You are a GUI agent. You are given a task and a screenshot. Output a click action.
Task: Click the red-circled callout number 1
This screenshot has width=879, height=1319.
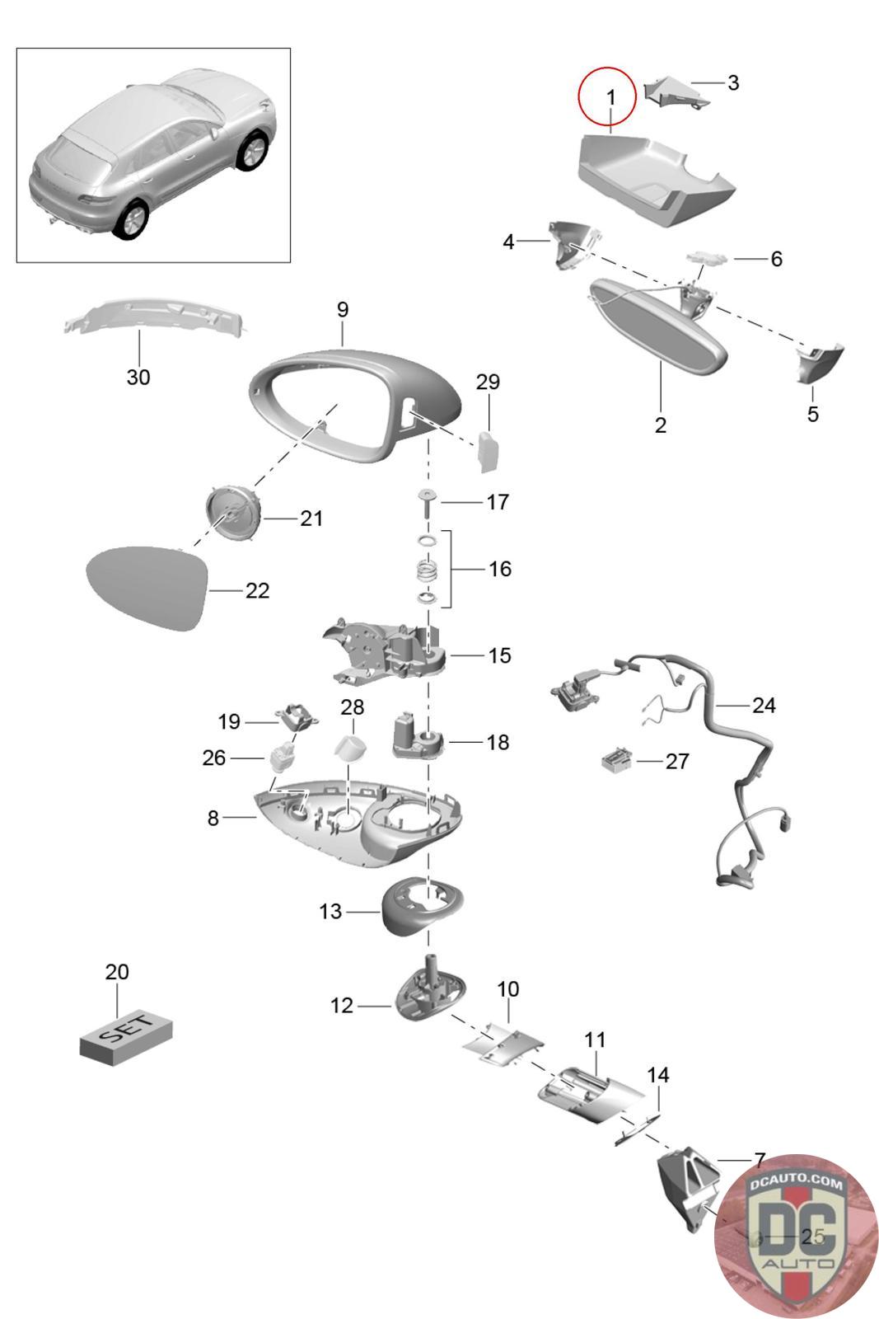(610, 97)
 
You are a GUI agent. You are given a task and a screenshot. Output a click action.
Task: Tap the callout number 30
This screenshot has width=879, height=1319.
(138, 377)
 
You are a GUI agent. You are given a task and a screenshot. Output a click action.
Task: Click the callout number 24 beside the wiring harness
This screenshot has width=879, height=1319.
(764, 705)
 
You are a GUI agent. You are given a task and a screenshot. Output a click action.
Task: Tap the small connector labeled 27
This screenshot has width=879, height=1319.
(617, 760)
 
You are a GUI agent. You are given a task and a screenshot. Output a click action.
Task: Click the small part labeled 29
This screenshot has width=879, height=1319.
(489, 450)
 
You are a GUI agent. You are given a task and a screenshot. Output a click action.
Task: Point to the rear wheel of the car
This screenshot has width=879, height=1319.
(129, 220)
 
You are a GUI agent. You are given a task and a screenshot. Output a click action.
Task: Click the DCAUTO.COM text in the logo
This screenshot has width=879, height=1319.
(796, 1184)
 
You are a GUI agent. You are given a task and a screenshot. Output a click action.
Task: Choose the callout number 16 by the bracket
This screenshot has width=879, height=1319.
(499, 569)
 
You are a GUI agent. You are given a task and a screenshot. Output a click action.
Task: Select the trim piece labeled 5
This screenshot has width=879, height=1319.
(820, 363)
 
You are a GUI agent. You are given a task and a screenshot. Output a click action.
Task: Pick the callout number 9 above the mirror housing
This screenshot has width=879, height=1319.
(343, 309)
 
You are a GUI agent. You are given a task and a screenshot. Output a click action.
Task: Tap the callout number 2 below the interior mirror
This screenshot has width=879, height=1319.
(660, 425)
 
